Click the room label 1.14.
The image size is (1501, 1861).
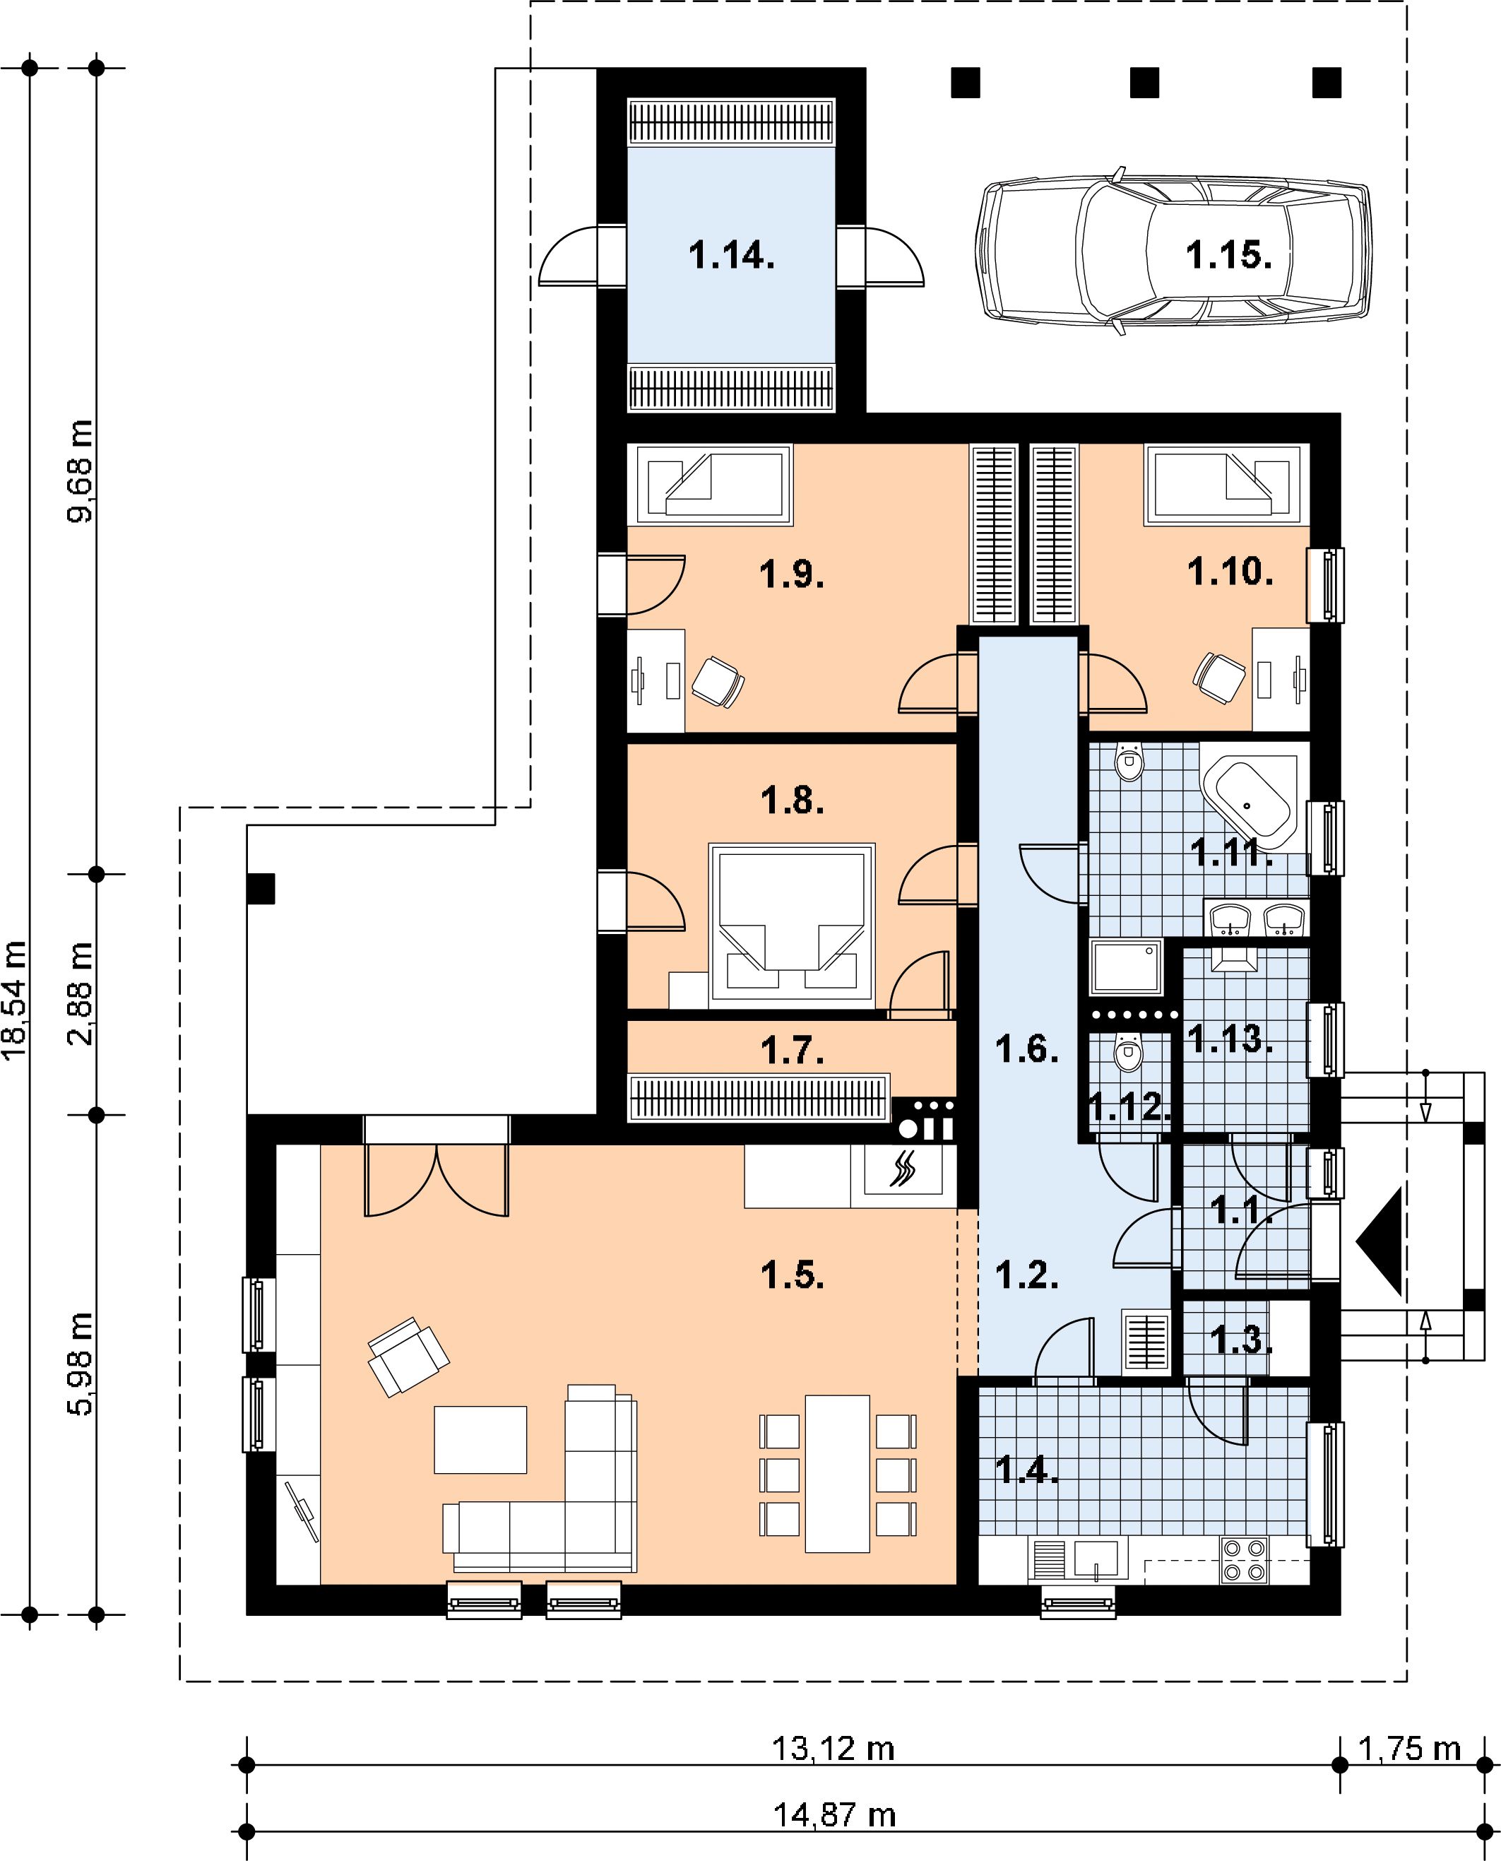[x=732, y=256]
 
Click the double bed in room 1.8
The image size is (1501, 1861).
[x=791, y=926]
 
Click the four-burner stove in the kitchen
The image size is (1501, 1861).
[x=1244, y=1559]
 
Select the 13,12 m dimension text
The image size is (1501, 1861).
[x=833, y=1749]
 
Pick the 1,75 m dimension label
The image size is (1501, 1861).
[x=1410, y=1749]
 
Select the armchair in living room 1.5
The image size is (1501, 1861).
[x=408, y=1356]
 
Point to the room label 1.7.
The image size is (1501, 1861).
[x=792, y=1051]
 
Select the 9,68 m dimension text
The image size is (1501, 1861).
[x=81, y=471]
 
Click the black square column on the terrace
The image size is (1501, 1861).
[x=260, y=889]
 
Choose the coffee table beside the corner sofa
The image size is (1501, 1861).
[x=480, y=1439]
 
